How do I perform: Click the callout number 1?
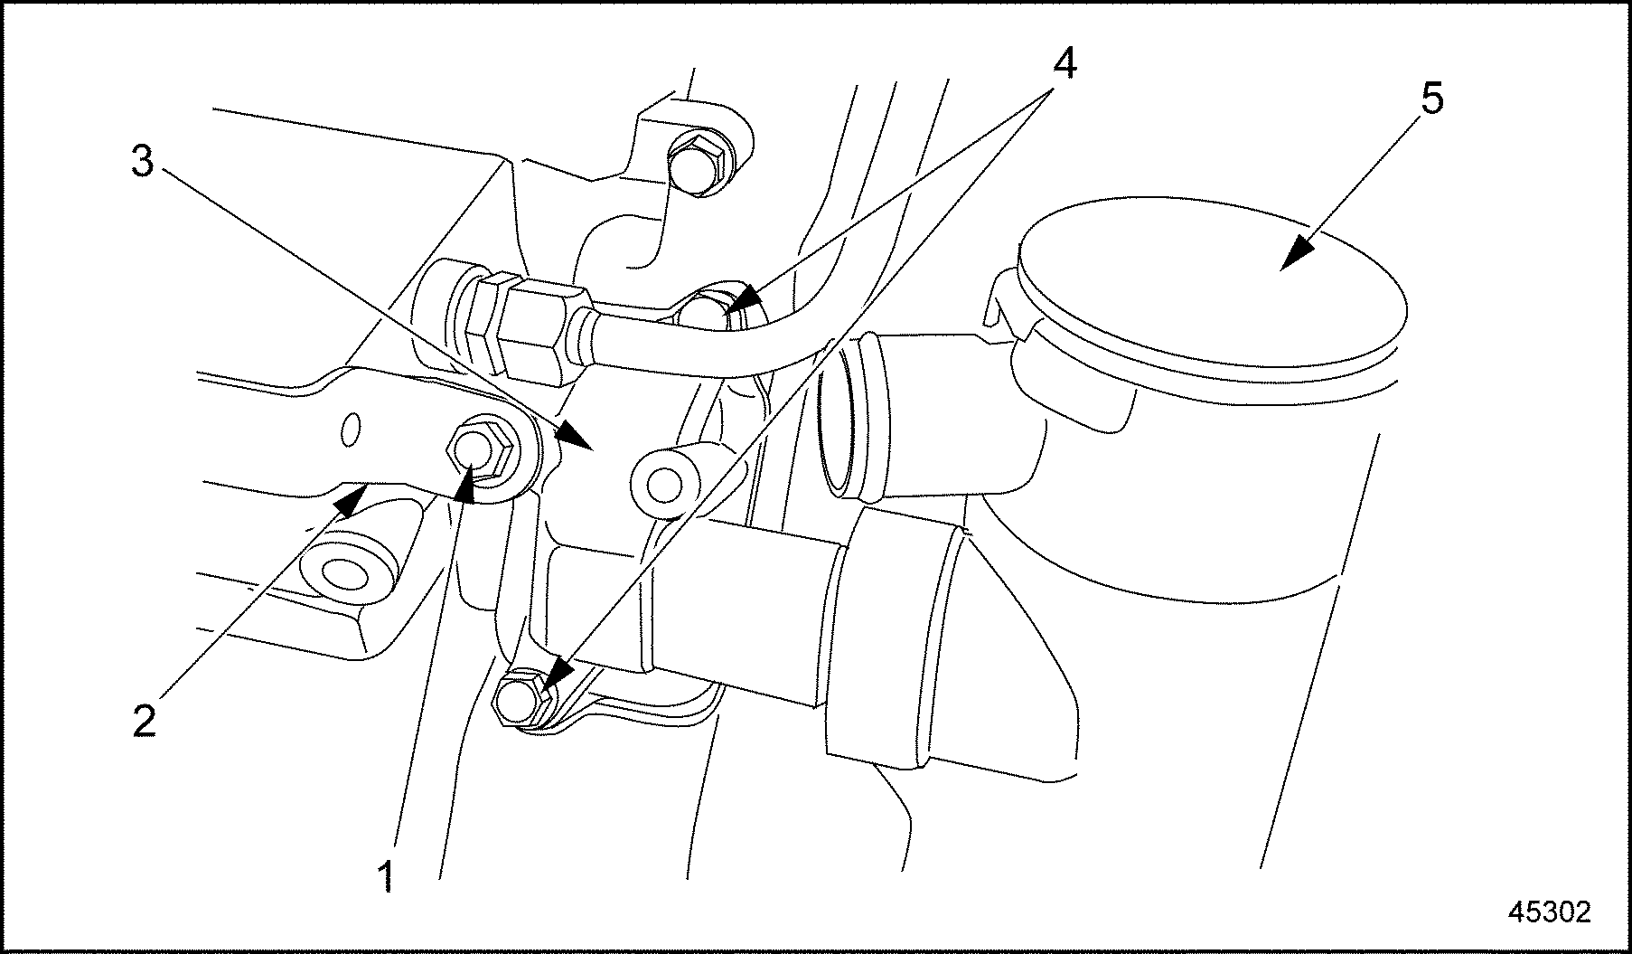pyautogui.click(x=387, y=876)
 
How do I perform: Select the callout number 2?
pyautogui.click(x=144, y=720)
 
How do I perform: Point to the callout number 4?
pyautogui.click(x=1064, y=62)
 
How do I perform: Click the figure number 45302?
pyautogui.click(x=1548, y=911)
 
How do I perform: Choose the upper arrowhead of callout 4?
pyautogui.click(x=741, y=300)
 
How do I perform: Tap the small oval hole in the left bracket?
pyautogui.click(x=352, y=430)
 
